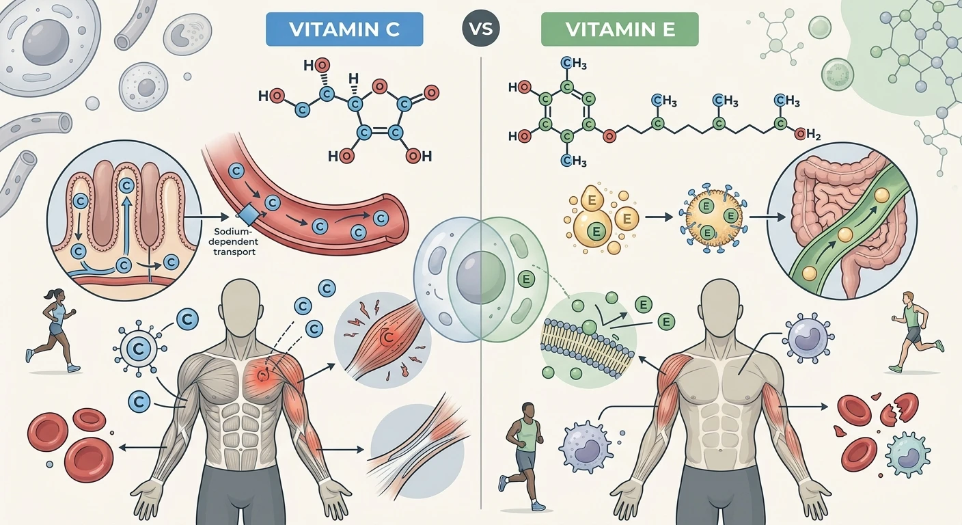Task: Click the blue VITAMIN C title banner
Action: point(344,29)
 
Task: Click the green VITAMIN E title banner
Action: point(620,29)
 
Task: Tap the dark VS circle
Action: point(481,29)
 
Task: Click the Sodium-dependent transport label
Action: point(236,242)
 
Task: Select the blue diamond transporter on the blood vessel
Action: point(248,215)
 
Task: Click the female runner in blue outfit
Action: point(53,330)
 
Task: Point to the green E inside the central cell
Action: point(526,280)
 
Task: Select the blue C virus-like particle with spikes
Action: point(139,349)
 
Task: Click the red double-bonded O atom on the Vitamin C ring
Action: point(431,92)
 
